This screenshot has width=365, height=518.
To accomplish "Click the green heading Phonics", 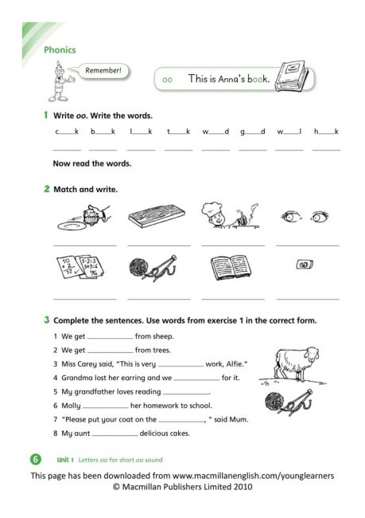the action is pyautogui.click(x=60, y=49).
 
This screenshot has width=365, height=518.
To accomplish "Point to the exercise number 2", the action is pyautogui.click(x=46, y=189).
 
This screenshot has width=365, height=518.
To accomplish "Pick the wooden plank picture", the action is pyautogui.click(x=158, y=215).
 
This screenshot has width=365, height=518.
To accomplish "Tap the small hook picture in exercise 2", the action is pyautogui.click(x=303, y=265).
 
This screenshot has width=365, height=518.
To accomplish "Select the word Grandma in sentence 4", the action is pyautogui.click(x=73, y=377).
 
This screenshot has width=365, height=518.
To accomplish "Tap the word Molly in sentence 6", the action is pyautogui.click(x=70, y=406).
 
